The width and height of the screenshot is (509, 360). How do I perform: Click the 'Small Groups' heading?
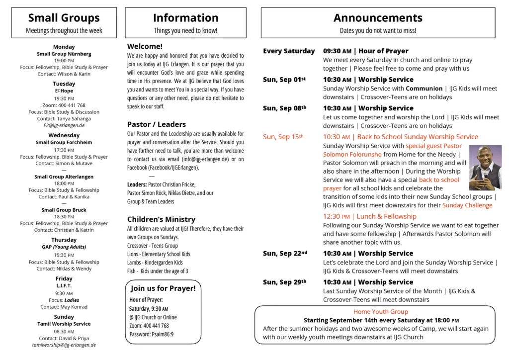tap(64, 18)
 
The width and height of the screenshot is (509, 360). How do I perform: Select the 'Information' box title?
tap(185, 18)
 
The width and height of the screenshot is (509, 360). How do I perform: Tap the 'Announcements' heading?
tap(378, 18)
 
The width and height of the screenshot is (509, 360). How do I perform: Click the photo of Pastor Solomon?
tap(485, 168)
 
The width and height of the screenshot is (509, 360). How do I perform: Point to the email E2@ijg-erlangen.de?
tap(64, 126)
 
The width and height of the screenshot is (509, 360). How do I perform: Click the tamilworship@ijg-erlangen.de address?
tap(64, 345)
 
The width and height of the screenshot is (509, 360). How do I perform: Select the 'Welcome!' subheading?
tap(145, 46)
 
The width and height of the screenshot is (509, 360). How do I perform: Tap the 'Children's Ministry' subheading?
tap(161, 219)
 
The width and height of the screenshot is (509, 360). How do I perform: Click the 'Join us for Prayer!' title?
tap(163, 288)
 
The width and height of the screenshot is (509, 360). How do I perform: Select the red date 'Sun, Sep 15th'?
tap(283, 137)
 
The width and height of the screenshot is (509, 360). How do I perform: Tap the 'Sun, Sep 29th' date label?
tap(284, 282)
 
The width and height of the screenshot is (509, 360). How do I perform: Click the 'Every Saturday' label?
tap(289, 51)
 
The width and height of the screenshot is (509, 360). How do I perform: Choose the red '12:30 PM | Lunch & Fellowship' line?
tap(370, 216)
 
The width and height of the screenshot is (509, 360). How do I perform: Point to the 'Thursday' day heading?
tap(64, 240)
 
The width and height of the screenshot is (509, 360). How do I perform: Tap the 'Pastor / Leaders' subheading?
tap(157, 124)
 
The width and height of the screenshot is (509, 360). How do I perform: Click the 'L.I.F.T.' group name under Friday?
tap(64, 286)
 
